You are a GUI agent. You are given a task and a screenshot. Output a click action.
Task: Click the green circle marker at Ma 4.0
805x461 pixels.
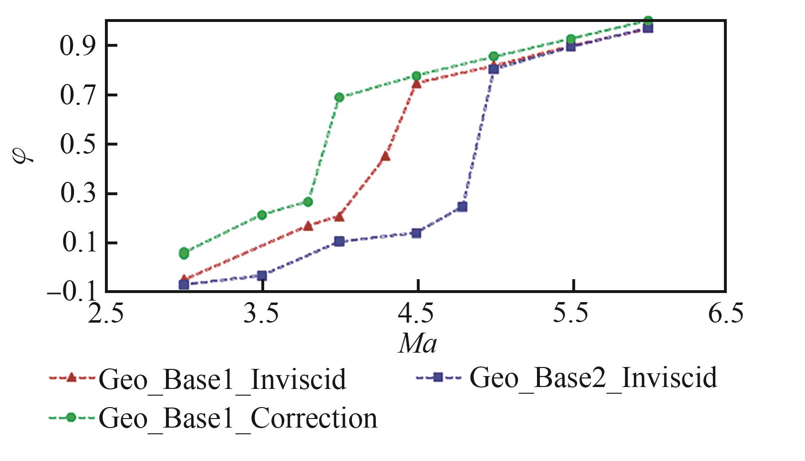pyautogui.click(x=339, y=97)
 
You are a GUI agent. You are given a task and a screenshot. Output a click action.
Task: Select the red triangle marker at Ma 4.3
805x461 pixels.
pyautogui.click(x=385, y=157)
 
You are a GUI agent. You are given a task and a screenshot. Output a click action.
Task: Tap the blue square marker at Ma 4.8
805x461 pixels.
pyautogui.click(x=462, y=207)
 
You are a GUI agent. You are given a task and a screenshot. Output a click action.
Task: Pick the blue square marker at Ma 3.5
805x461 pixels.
pyautogui.click(x=262, y=275)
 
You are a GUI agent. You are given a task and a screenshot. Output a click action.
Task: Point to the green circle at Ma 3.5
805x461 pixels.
pyautogui.click(x=262, y=215)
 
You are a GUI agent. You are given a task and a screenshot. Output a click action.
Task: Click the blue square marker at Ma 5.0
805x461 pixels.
pyautogui.click(x=494, y=69)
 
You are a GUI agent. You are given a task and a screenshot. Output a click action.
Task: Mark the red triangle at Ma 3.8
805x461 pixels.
pyautogui.click(x=308, y=226)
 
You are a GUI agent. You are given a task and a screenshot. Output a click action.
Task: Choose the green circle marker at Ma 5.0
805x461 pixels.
pyautogui.click(x=494, y=56)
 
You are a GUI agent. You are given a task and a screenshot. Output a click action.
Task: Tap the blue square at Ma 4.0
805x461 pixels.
pyautogui.click(x=339, y=241)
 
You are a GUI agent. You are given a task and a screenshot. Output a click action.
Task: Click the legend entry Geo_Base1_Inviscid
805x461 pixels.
pyautogui.click(x=222, y=380)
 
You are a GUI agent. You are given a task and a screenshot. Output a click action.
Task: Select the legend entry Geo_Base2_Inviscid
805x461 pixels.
pyautogui.click(x=593, y=378)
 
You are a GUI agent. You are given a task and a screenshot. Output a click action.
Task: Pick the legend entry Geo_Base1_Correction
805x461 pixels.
pyautogui.click(x=237, y=419)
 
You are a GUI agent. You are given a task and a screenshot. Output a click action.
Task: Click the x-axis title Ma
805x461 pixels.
pyautogui.click(x=417, y=344)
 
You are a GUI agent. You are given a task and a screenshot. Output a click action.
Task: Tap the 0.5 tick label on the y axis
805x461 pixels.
pyautogui.click(x=77, y=144)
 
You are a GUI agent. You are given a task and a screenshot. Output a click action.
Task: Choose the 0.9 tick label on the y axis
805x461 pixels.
pyautogui.click(x=77, y=46)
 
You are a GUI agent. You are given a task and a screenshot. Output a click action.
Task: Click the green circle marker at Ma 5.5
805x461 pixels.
pyautogui.click(x=571, y=39)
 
